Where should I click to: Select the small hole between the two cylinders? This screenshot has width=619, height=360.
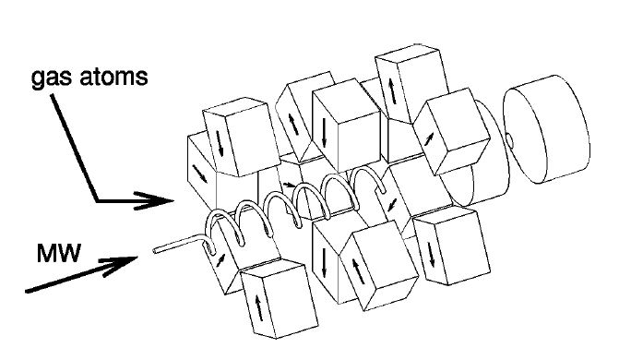(x=506, y=140)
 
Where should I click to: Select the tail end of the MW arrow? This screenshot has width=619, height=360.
(x=25, y=292)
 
